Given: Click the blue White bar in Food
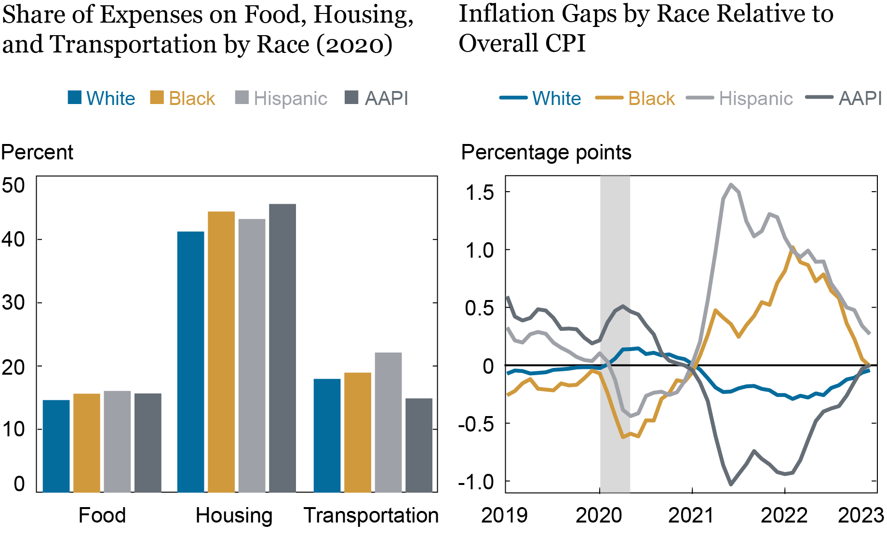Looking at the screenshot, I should [x=56, y=446].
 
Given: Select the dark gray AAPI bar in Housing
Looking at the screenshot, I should [x=282, y=348].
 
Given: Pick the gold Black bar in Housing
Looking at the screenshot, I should [x=221, y=352].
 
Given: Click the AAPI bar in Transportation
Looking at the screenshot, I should [x=419, y=445].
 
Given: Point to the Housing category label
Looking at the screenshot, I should [x=234, y=515].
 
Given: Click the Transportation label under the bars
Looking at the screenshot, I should [x=371, y=515].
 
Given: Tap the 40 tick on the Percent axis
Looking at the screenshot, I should [x=13, y=239].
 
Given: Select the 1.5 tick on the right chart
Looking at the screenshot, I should [x=480, y=193].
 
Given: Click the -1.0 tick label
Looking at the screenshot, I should [x=476, y=482].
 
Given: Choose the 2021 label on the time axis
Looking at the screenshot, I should [x=691, y=515].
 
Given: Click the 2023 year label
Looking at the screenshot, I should [x=860, y=515].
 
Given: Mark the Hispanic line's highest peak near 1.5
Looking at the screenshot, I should [x=731, y=185].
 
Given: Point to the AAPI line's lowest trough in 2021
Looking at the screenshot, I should [x=731, y=484].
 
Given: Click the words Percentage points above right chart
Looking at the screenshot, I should [x=546, y=152].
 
